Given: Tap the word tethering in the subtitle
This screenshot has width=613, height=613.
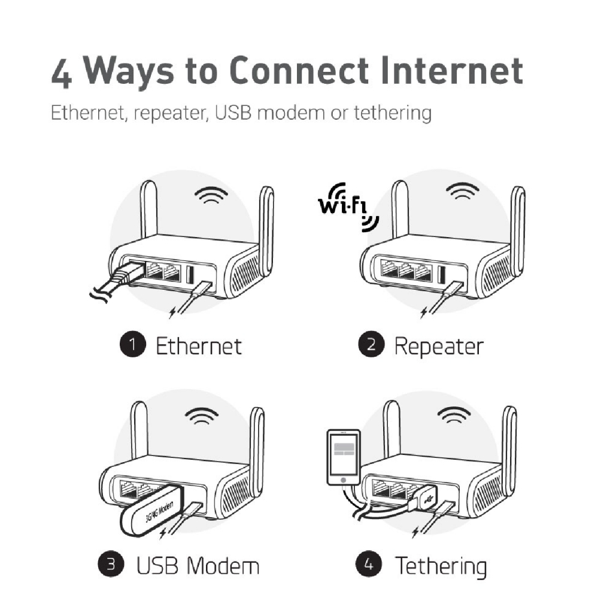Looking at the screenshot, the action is pyautogui.click(x=393, y=113).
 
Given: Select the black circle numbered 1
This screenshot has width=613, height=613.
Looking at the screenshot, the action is pyautogui.click(x=133, y=344).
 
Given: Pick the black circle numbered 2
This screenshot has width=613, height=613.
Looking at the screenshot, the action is pyautogui.click(x=371, y=344).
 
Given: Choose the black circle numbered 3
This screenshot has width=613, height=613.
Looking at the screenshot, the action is pyautogui.click(x=111, y=564).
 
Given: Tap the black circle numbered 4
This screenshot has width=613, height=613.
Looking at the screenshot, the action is pyautogui.click(x=369, y=564).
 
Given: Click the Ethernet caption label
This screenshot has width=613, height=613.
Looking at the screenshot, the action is pyautogui.click(x=199, y=346).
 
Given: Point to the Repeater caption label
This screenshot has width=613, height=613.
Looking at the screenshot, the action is pyautogui.click(x=439, y=347).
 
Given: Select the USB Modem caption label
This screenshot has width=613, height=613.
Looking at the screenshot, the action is pyautogui.click(x=198, y=566).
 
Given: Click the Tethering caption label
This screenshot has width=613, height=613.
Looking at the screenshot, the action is pyautogui.click(x=441, y=566).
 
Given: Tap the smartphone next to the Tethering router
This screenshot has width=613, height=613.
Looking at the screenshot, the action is pyautogui.click(x=343, y=457).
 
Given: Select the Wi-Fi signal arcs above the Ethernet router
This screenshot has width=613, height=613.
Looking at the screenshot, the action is pyautogui.click(x=211, y=195).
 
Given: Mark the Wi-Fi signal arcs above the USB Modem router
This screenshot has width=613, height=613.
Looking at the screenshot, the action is pyautogui.click(x=202, y=416).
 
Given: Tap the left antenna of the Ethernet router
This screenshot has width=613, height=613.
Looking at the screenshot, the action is pyautogui.click(x=148, y=209).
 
